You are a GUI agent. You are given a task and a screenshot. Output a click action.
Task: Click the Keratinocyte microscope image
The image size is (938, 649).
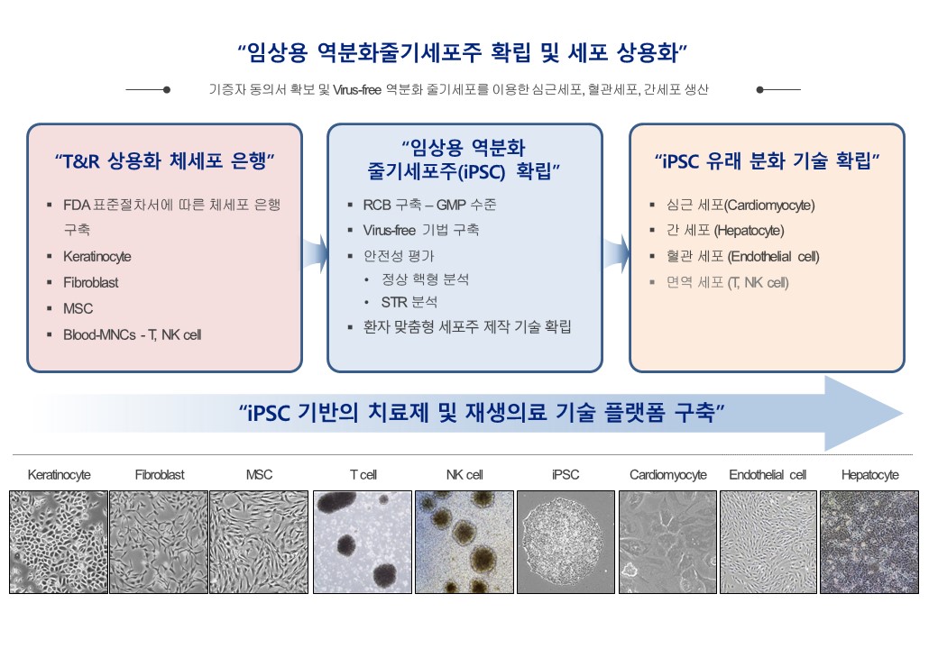click(x=59, y=542)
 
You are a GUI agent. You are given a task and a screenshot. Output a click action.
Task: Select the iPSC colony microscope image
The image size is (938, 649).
click(x=566, y=542)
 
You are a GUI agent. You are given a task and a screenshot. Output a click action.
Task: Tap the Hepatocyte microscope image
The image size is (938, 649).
click(x=869, y=542)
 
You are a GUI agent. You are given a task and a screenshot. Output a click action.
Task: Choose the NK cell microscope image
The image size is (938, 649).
click(x=464, y=542)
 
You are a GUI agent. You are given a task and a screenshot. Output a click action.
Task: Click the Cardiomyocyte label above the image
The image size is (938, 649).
click(x=667, y=474)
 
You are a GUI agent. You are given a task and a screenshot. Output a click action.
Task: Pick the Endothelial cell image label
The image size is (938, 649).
click(x=768, y=474)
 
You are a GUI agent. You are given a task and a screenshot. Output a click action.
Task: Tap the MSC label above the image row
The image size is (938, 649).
click(x=259, y=474)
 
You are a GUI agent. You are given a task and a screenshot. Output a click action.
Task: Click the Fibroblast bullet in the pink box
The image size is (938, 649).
click(x=90, y=282)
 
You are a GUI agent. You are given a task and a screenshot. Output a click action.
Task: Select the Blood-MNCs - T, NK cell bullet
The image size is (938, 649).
click(x=132, y=334)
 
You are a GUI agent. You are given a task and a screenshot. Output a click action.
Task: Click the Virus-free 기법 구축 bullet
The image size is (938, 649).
click(x=415, y=230)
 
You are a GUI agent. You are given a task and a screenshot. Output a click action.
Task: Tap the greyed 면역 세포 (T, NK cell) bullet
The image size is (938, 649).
click(x=727, y=282)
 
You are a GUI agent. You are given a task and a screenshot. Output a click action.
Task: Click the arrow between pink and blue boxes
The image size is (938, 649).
click(x=313, y=254)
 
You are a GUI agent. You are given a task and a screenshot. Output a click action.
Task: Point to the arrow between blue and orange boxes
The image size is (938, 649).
click(x=615, y=254)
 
